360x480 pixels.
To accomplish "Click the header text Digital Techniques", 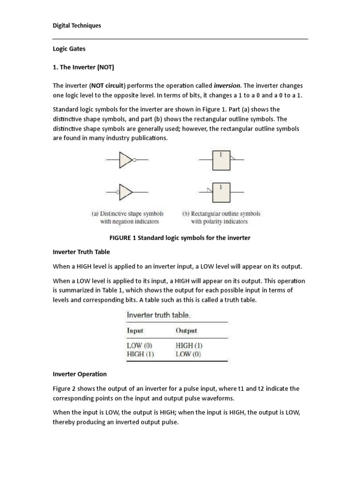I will pyautogui.click(x=76, y=26).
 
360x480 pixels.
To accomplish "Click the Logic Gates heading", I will pyautogui.click(x=69, y=48).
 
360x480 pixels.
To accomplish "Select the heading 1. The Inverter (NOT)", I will pyautogui.click(x=83, y=67).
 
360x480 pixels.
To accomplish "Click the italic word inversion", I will pyautogui.click(x=227, y=86).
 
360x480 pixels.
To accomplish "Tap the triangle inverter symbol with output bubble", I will pyautogui.click(x=127, y=160).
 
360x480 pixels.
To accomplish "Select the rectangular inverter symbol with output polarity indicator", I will pyautogui.click(x=221, y=160).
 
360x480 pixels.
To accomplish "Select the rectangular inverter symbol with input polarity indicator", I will pyautogui.click(x=221, y=192).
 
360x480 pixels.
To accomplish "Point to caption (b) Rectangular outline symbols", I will pyautogui.click(x=221, y=217).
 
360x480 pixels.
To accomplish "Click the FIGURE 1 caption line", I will pyautogui.click(x=180, y=238).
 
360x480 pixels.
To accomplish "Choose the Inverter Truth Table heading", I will pyautogui.click(x=82, y=252).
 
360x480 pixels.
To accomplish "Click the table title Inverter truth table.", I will pyautogui.click(x=158, y=315).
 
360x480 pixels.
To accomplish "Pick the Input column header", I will pyautogui.click(x=135, y=330).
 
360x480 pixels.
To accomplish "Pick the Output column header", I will pyautogui.click(x=186, y=330).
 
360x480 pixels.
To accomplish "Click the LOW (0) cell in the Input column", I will pyautogui.click(x=140, y=346).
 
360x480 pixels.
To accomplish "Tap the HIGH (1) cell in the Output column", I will pyautogui.click(x=189, y=346).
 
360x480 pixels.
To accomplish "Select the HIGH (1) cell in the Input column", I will pyautogui.click(x=141, y=354).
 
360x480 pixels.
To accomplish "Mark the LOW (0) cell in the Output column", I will pyautogui.click(x=188, y=354).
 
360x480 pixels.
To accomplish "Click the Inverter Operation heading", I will pyautogui.click(x=80, y=374).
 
